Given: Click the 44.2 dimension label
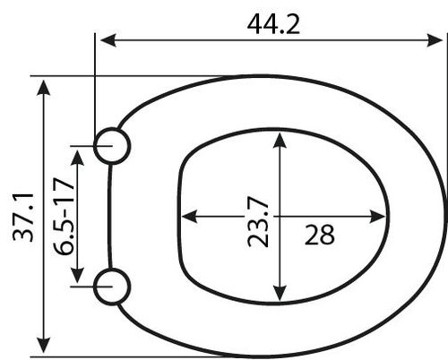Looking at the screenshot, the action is (273, 24).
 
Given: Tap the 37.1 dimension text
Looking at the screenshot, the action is (23, 217).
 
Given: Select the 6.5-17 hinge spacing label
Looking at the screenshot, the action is (64, 217).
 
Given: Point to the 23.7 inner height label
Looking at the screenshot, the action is (258, 221).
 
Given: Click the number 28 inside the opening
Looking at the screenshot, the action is (319, 235).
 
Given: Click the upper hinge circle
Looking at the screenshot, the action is (112, 128).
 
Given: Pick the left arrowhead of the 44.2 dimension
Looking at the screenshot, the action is (108, 40).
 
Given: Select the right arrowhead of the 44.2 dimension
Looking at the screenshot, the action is (435, 40).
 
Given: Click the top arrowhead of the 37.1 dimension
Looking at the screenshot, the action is (44, 88).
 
